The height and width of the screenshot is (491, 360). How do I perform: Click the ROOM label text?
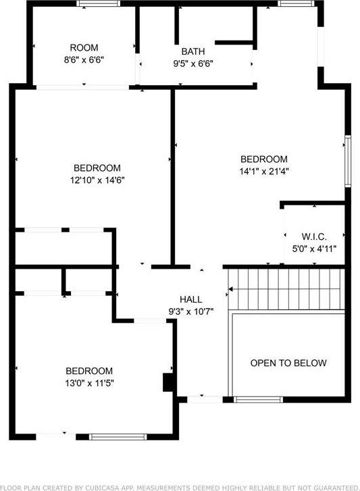point(84,48)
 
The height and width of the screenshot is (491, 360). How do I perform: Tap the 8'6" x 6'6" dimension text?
point(84,59)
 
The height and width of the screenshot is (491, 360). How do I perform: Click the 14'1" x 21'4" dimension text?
point(263,171)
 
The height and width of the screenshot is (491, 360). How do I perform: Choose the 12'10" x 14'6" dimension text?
point(97,180)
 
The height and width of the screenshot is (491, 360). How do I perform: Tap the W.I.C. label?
point(314,236)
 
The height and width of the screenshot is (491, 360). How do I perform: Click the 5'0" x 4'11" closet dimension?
point(314,248)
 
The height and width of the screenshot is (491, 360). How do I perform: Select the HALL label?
point(190,299)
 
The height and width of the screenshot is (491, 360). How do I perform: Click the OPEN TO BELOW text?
point(288,363)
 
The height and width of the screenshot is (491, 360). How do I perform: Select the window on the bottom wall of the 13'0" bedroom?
point(118,436)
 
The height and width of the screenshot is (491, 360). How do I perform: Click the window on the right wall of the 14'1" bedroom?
point(348,161)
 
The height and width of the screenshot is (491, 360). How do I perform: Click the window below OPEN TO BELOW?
point(258,400)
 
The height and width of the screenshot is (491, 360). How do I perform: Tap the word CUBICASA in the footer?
point(107,486)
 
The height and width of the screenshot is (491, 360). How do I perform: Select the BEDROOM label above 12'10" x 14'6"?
point(97,168)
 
